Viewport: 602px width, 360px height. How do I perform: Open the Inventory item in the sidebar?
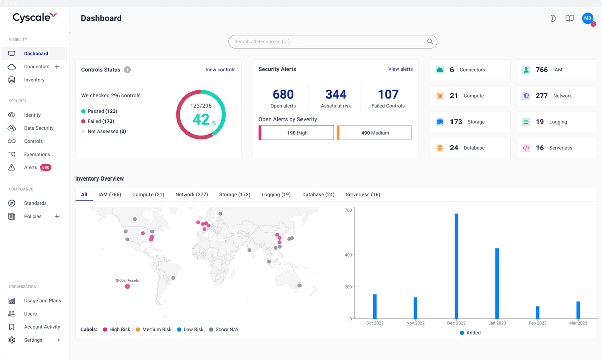[x=34, y=80]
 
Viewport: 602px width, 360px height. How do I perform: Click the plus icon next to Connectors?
[x=57, y=67]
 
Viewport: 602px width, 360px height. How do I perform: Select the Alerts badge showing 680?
[x=46, y=167]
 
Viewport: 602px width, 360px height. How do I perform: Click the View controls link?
[x=220, y=69]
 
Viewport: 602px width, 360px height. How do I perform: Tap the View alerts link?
[x=400, y=69]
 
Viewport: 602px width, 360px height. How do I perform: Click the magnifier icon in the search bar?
[x=430, y=42]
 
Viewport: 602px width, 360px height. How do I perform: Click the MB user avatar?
[x=587, y=18]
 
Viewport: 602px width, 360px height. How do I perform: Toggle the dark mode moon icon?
[x=553, y=18]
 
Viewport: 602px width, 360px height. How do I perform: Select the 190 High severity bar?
[x=296, y=133]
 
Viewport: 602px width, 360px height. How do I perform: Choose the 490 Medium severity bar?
[x=374, y=133]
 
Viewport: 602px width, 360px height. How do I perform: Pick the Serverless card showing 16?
[x=556, y=148]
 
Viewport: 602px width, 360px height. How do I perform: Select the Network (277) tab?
[x=191, y=194]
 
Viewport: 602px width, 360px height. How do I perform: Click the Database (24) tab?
[x=318, y=194]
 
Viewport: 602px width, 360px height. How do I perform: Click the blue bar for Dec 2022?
[x=456, y=266]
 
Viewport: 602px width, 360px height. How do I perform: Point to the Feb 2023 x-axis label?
[x=537, y=323]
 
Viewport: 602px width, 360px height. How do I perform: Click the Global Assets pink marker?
[x=127, y=286]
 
